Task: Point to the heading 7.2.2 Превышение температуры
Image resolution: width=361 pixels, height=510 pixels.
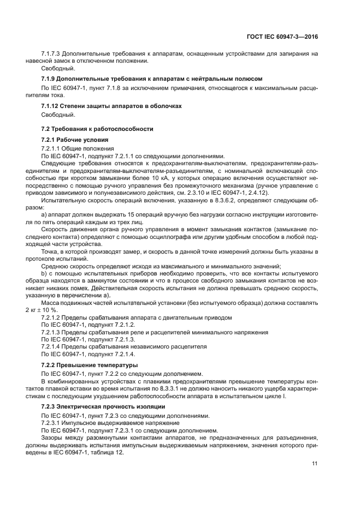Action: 90,364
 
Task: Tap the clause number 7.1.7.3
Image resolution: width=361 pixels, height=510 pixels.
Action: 51,53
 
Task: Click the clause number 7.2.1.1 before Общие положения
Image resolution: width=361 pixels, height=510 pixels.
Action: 51,148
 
